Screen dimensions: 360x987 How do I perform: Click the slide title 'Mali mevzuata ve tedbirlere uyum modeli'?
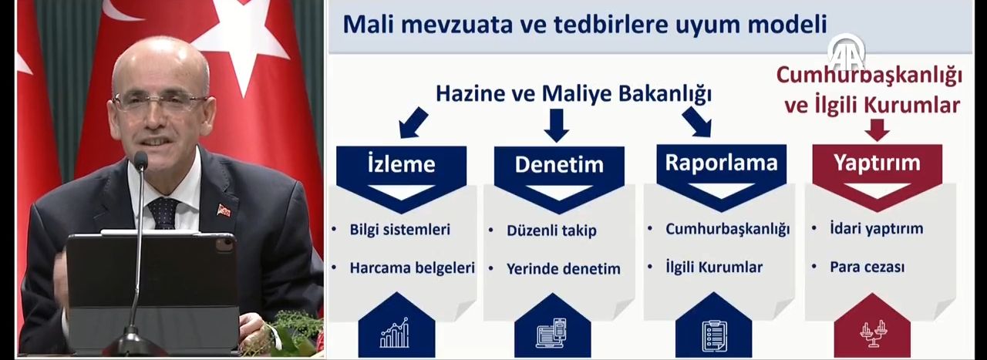coord(584,25)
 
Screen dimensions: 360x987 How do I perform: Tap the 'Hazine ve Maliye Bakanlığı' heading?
coord(573,94)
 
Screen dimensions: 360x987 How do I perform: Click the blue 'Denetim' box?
coord(558,165)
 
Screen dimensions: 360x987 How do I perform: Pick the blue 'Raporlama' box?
coord(721,163)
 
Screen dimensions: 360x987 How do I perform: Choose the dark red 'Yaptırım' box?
coord(877,163)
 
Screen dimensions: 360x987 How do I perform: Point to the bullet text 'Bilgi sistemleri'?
coord(399,230)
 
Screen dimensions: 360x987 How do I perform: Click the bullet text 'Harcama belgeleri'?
coord(412,268)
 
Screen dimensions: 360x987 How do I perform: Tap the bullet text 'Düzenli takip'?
coord(551,230)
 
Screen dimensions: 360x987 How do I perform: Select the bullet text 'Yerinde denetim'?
coord(563,269)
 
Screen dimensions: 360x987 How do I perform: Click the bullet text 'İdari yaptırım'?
coord(876,229)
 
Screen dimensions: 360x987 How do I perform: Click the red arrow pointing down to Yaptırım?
coord(877,131)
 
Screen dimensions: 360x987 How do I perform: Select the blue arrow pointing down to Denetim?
coord(556,125)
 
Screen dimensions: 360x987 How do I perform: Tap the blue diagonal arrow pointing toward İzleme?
coord(414,121)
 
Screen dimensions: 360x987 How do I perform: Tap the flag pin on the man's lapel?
coord(224,210)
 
